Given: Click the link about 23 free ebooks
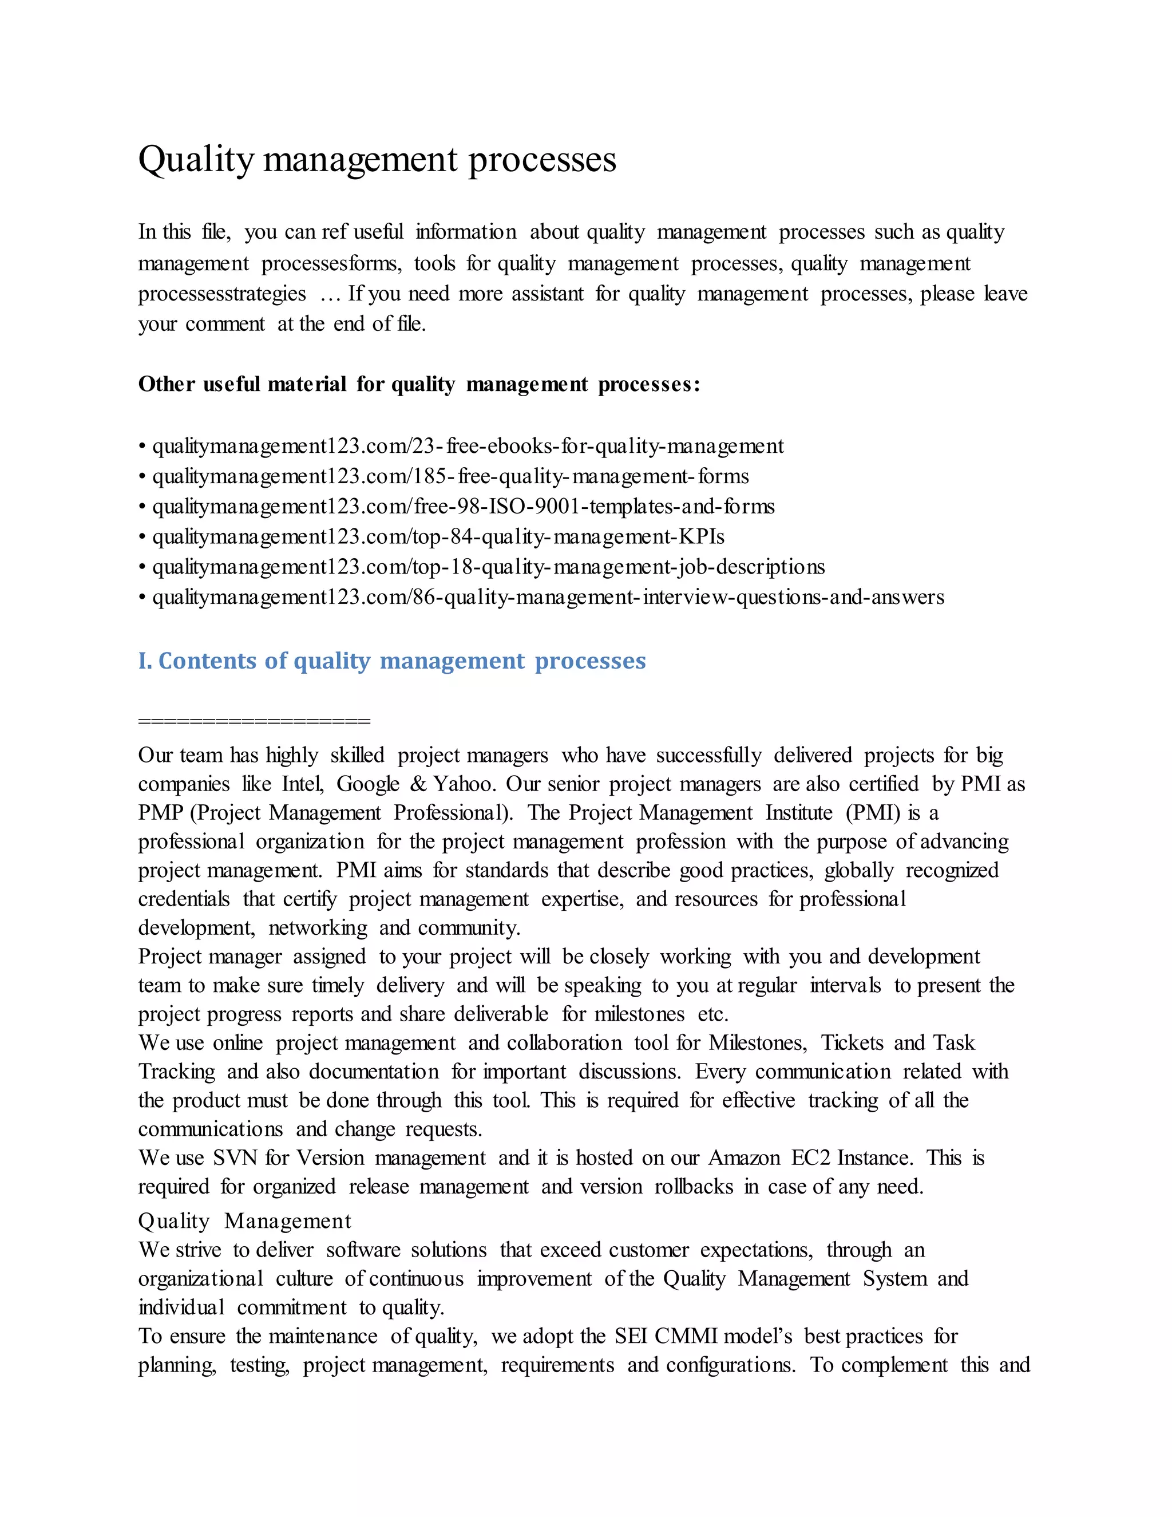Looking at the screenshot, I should (x=468, y=446).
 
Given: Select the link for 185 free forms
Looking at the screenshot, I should (x=450, y=476).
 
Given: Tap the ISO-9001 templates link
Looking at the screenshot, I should (x=463, y=507).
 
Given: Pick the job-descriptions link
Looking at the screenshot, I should (x=488, y=567).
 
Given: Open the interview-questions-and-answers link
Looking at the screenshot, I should (x=548, y=597).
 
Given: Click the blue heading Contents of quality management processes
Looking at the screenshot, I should (x=392, y=661).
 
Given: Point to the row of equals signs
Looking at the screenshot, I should (x=254, y=721).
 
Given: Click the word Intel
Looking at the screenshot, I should (x=302, y=784).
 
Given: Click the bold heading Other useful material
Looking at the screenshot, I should (x=419, y=384).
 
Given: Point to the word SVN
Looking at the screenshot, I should (x=235, y=1158).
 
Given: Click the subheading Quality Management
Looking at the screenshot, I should (x=244, y=1221).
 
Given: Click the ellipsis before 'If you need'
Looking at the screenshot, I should (x=331, y=294).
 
